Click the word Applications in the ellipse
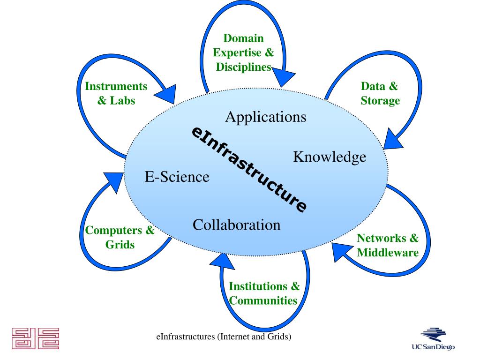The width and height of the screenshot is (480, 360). [x=266, y=117]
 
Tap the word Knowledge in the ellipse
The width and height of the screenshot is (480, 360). [x=330, y=157]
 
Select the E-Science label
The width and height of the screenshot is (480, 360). [x=177, y=177]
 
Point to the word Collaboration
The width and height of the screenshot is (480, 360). [x=236, y=225]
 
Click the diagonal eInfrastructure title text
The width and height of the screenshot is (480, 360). [x=249, y=169]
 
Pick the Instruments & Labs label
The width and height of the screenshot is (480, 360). [x=116, y=93]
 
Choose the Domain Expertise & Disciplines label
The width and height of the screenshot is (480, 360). [x=243, y=52]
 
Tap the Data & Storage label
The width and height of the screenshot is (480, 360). [x=380, y=93]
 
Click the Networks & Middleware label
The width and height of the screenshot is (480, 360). [x=388, y=245]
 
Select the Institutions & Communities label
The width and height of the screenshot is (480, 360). [x=264, y=293]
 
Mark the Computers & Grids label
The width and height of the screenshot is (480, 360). [x=120, y=237]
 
